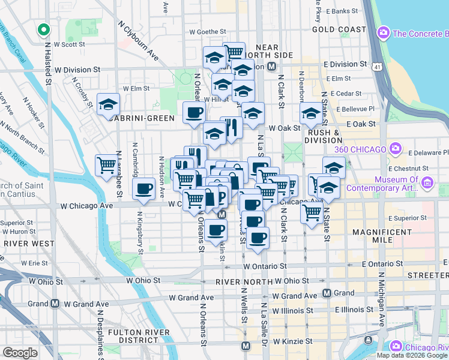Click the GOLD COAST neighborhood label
coord(339,29)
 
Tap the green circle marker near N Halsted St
coord(43,29)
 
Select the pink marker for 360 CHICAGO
coord(395,148)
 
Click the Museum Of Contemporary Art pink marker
coord(427,181)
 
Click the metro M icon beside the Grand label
coord(327,293)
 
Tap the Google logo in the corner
coord(20,353)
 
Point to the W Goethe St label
coord(207,32)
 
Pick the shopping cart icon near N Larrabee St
coord(107,164)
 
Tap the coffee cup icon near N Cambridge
coord(143,189)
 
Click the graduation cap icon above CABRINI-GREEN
coord(108,104)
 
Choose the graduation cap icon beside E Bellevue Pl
coord(311,112)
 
